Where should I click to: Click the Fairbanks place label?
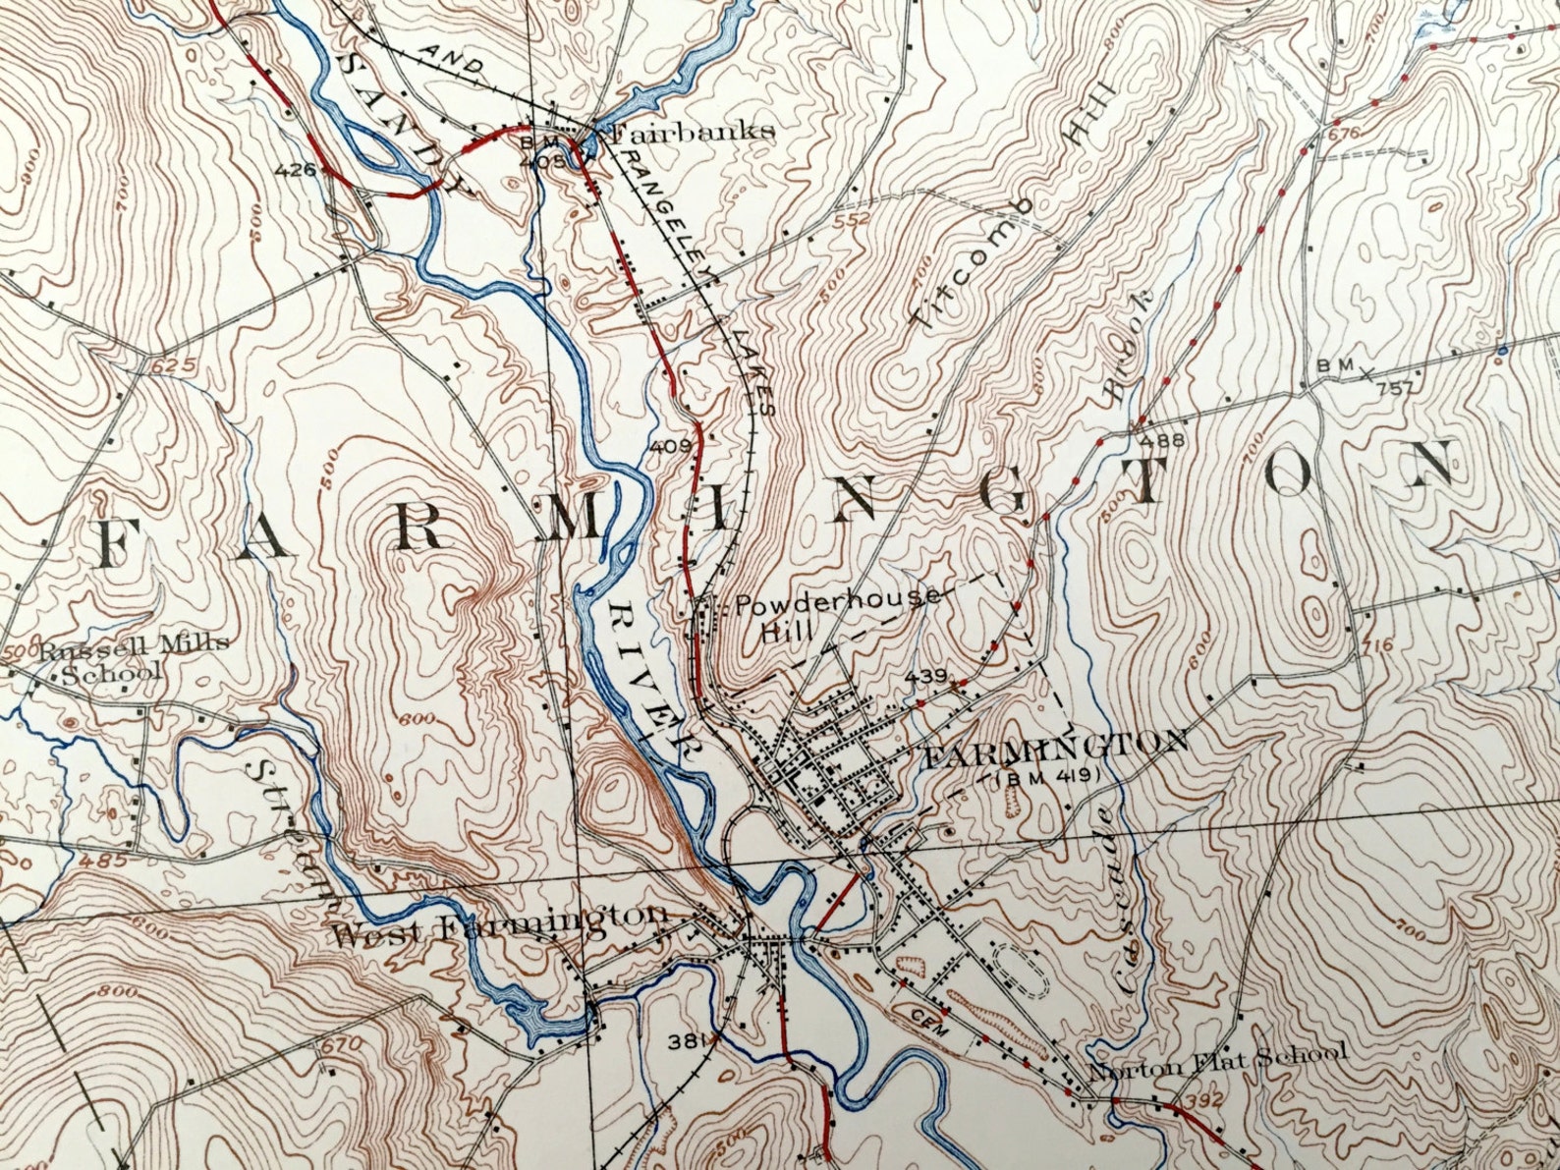(x=693, y=132)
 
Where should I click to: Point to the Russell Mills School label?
(x=127, y=657)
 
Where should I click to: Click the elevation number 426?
(x=295, y=170)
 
